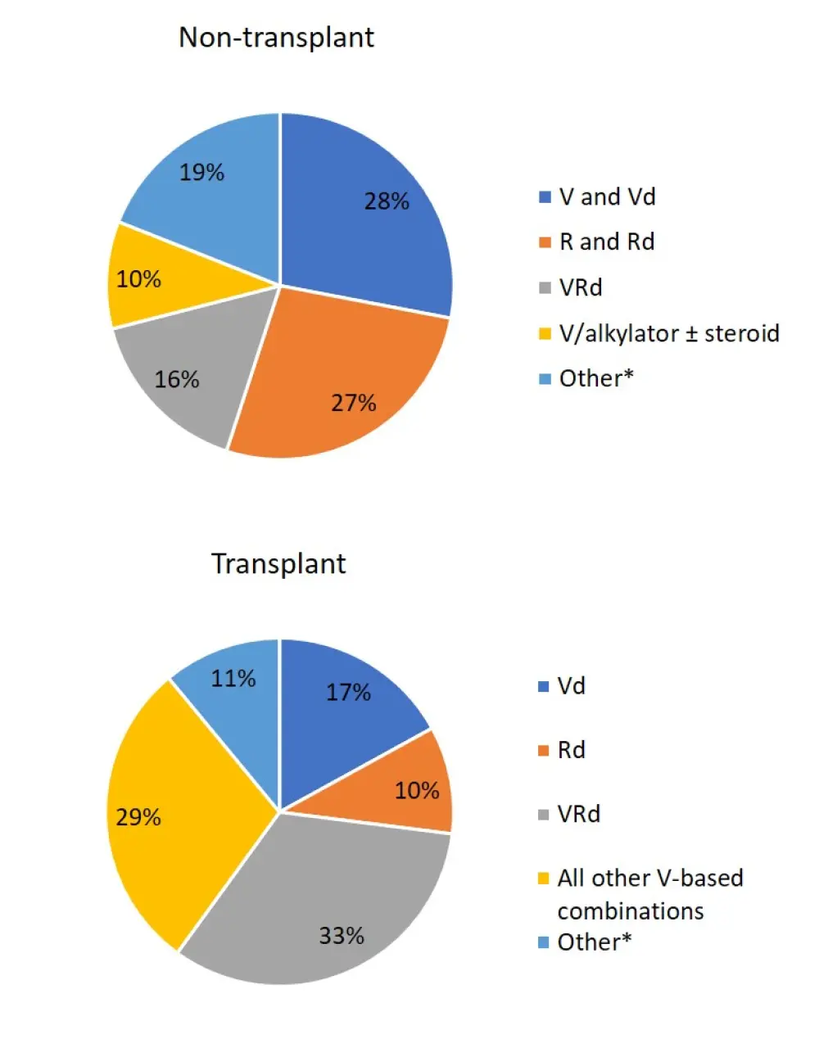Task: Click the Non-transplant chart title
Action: [276, 38]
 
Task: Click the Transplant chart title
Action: [278, 564]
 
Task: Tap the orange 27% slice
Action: [344, 385]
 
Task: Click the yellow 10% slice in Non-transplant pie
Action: [152, 278]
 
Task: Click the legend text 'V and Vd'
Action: [607, 197]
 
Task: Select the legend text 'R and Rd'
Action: [607, 242]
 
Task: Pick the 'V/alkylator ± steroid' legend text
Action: [669, 334]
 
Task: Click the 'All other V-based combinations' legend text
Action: [649, 894]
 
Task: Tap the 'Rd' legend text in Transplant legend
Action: [571, 750]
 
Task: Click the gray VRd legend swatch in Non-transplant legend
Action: [545, 289]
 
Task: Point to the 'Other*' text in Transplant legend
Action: [595, 942]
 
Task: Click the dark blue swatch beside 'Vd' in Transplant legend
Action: [543, 687]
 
